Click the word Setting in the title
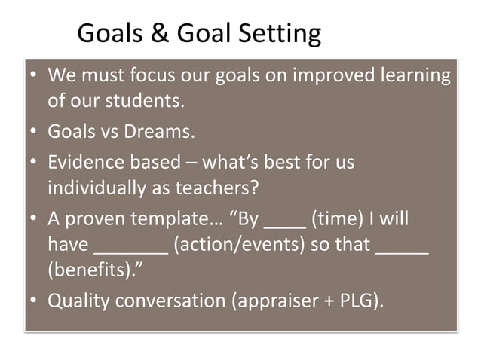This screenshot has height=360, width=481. click(277, 33)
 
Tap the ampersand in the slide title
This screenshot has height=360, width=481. click(160, 33)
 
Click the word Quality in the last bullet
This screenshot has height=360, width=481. click(77, 301)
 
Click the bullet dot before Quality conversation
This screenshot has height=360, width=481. click(34, 301)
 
